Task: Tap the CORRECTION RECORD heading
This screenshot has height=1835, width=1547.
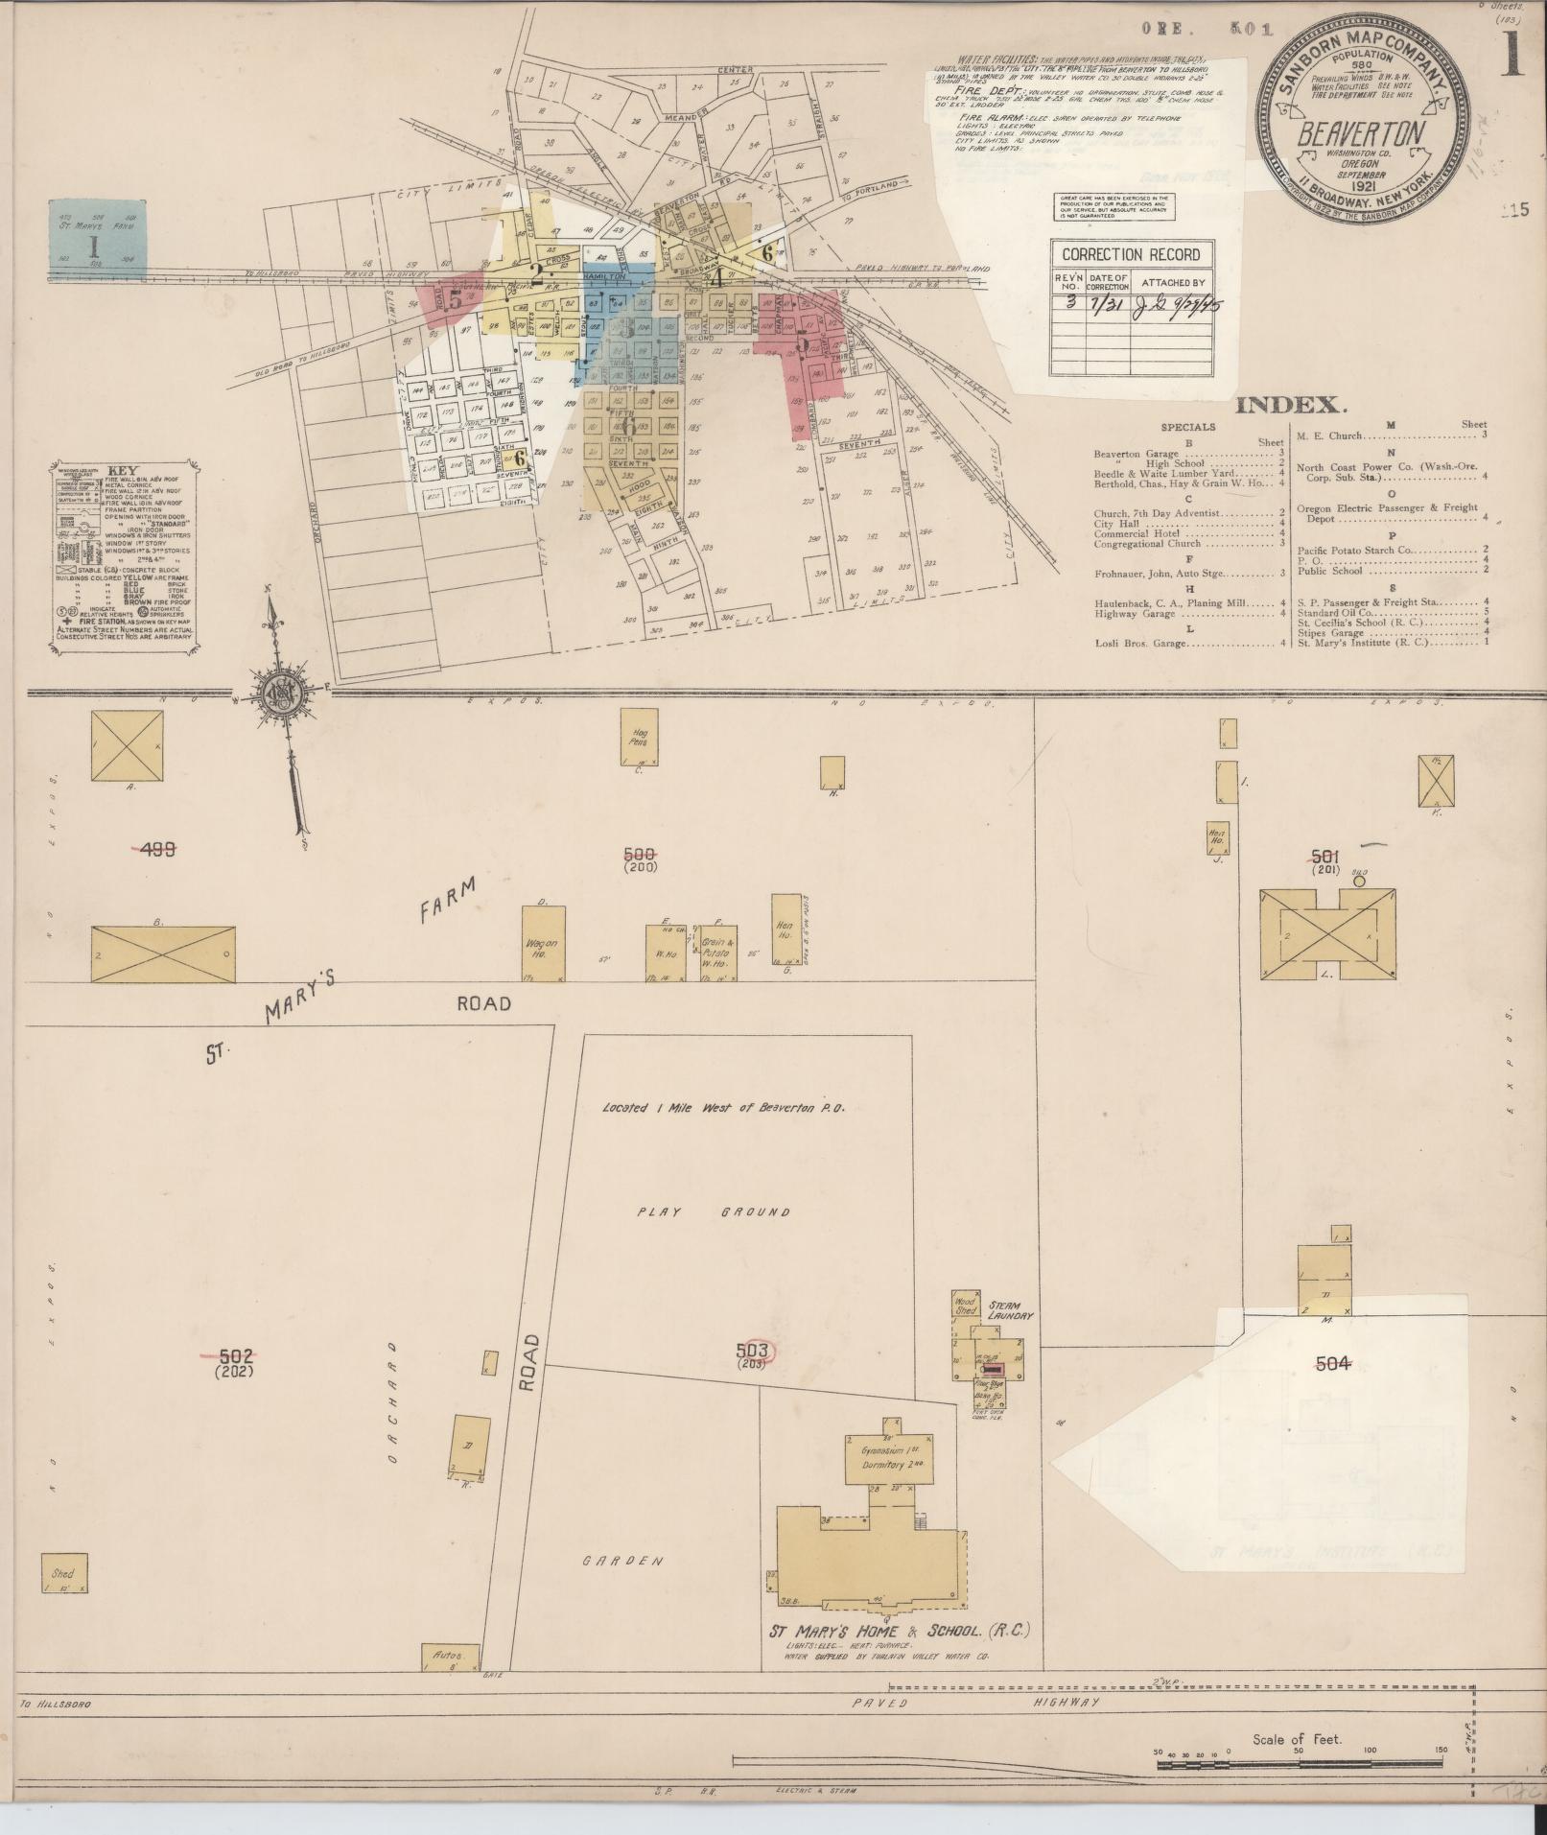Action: (1131, 255)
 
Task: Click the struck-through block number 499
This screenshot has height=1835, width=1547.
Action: (156, 848)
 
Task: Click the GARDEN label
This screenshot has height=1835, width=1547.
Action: (622, 1561)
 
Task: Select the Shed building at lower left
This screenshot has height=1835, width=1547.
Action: (64, 1574)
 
